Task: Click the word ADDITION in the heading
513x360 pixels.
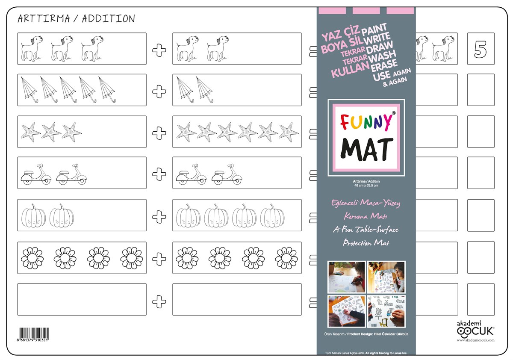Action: (x=109, y=19)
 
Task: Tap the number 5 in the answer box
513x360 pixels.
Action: (x=481, y=49)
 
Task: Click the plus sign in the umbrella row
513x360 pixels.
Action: (x=159, y=90)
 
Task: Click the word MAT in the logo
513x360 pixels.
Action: (x=366, y=148)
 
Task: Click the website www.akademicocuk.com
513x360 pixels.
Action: (x=475, y=340)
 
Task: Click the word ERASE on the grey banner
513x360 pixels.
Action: (x=384, y=66)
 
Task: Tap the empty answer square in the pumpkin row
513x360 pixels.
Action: (x=481, y=215)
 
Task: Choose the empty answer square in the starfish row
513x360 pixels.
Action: (x=481, y=132)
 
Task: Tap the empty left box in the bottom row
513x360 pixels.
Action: (x=82, y=300)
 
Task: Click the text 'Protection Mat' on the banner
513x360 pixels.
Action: (x=366, y=243)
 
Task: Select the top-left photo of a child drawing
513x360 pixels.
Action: (x=346, y=277)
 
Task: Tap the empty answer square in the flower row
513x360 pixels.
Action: (x=481, y=257)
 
